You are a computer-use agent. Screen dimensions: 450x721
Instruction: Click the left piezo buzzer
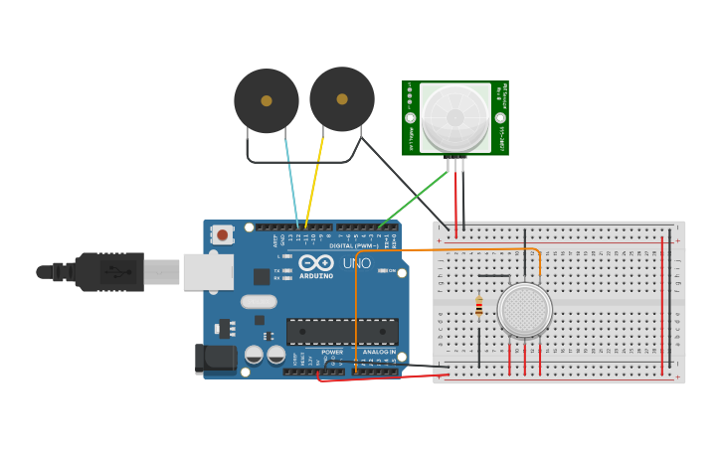pyautogui.click(x=266, y=100)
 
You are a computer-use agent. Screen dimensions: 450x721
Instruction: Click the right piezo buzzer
pyautogui.click(x=341, y=98)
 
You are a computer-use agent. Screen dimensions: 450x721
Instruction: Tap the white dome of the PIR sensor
pyautogui.click(x=454, y=116)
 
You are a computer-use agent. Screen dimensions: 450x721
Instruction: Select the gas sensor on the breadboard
pyautogui.click(x=524, y=310)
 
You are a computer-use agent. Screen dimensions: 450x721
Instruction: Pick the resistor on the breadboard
pyautogui.click(x=478, y=307)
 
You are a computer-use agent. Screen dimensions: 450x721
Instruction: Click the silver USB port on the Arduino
pyautogui.click(x=208, y=271)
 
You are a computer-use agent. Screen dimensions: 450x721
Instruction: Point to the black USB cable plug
pyautogui.click(x=109, y=271)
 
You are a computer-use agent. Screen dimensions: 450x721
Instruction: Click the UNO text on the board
pyautogui.click(x=356, y=263)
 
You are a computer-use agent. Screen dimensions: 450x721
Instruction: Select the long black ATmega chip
pyautogui.click(x=342, y=332)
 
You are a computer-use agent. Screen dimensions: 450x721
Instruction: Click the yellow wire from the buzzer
pyautogui.click(x=314, y=179)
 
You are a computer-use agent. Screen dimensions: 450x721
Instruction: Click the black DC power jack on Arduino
pyautogui.click(x=215, y=359)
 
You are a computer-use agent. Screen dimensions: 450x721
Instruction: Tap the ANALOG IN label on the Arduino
pyautogui.click(x=378, y=352)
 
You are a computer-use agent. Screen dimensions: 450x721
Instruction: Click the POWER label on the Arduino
pyautogui.click(x=332, y=352)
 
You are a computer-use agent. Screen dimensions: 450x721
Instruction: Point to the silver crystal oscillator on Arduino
pyautogui.click(x=258, y=302)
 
